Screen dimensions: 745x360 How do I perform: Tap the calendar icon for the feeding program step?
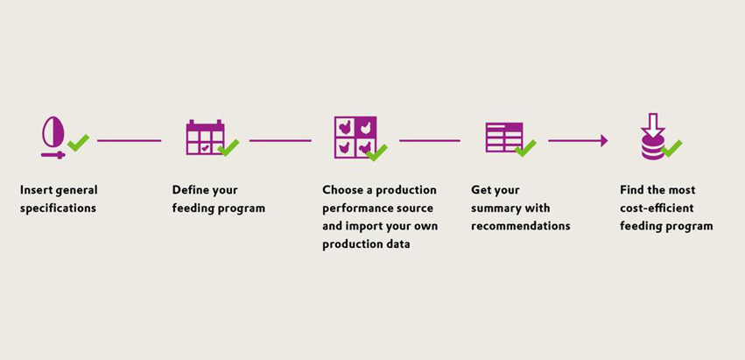[205, 138]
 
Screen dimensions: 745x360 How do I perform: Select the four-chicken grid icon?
[355, 137]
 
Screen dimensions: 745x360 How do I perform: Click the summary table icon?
[503, 138]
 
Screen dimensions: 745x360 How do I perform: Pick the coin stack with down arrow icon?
[652, 137]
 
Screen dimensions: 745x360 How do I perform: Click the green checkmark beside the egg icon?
[79, 143]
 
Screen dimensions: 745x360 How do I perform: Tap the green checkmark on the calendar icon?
[228, 147]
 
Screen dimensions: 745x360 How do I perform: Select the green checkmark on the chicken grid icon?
[376, 152]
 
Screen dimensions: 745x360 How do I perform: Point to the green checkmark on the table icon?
[525, 148]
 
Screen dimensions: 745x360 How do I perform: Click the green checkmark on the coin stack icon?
[671, 148]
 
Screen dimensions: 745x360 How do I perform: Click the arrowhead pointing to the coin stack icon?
[604, 141]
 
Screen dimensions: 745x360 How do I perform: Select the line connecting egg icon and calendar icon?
[130, 141]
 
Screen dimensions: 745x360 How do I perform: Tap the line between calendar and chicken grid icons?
[280, 141]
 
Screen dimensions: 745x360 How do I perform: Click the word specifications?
[58, 208]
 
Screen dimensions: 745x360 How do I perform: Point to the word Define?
[187, 190]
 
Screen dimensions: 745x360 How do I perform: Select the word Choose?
[341, 190]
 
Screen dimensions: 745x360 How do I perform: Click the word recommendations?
[521, 226]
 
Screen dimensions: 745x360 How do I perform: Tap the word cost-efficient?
[657, 208]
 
